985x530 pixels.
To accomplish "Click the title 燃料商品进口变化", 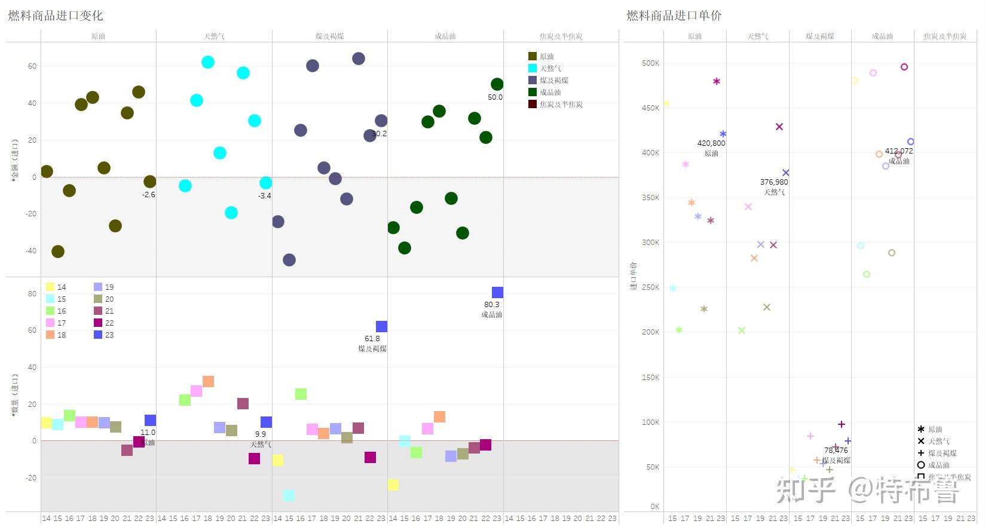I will tap(56, 16).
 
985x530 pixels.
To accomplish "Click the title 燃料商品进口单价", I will tap(674, 16).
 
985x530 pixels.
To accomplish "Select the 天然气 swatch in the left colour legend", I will tap(533, 68).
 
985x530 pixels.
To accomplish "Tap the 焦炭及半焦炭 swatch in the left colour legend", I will tap(533, 104).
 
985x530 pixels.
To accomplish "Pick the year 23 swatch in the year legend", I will tap(98, 335).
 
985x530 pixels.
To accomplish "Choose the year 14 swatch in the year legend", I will tap(50, 287).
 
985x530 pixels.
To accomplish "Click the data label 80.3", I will tap(491, 304).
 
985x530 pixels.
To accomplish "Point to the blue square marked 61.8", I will tap(381, 326).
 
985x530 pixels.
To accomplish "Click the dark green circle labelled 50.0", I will tap(497, 84).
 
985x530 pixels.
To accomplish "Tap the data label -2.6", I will tap(148, 194).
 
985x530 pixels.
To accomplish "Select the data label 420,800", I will tap(711, 143).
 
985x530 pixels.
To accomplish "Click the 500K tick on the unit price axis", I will tap(650, 63).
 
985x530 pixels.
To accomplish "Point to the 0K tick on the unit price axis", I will tap(654, 506).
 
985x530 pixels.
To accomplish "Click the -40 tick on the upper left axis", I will tap(30, 250).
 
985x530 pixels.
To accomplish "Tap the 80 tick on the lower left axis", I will tap(32, 293).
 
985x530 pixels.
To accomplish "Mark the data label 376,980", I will tap(774, 182).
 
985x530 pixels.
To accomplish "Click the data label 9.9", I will tap(260, 434).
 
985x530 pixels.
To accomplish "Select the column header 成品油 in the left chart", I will tap(445, 36).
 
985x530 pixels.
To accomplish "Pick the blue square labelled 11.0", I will tap(150, 420).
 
